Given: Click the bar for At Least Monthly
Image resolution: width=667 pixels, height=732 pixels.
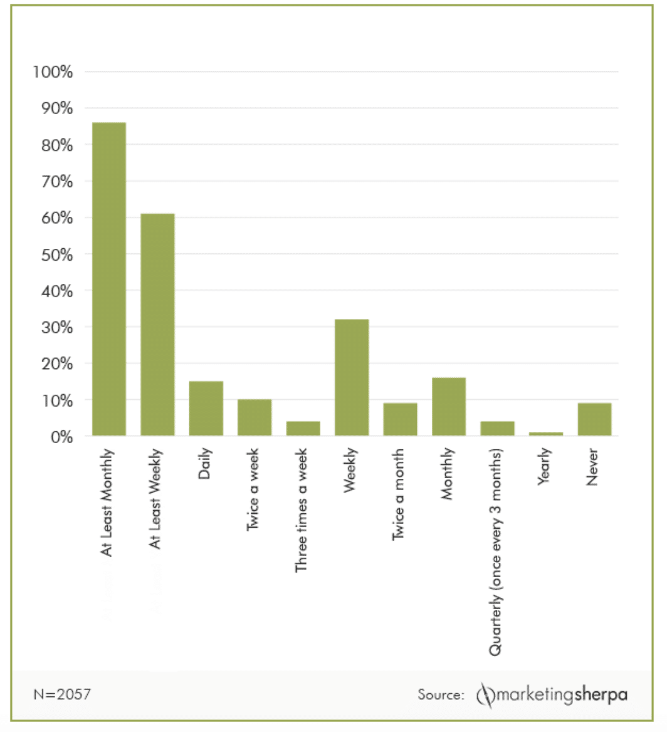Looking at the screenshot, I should tap(108, 279).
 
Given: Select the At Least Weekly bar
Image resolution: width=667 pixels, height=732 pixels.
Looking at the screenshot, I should tap(157, 325).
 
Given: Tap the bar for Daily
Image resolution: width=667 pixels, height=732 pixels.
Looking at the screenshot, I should tap(206, 408).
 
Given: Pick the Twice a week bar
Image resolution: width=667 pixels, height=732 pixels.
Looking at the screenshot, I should tap(255, 417).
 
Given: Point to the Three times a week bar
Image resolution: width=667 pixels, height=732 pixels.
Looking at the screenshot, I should tap(303, 428).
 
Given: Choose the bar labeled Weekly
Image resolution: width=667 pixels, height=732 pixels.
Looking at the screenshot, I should tap(352, 377).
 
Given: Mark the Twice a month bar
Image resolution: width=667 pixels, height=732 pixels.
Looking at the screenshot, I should tap(401, 419).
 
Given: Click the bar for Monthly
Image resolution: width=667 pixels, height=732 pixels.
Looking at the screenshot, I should tap(449, 406).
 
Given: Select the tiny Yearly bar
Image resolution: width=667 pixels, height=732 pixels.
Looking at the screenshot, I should tap(546, 434).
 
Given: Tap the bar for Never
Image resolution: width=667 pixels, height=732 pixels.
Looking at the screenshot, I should tap(594, 419).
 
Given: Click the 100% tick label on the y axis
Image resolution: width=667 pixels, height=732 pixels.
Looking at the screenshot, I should tap(53, 72).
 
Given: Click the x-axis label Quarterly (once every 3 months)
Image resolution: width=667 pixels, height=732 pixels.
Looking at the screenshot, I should tap(496, 552).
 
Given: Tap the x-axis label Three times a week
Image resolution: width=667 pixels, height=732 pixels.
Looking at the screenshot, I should tap(302, 510).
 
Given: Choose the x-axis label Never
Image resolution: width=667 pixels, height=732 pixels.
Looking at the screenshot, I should tap(592, 467).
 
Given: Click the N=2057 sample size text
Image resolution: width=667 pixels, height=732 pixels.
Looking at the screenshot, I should tap(61, 694).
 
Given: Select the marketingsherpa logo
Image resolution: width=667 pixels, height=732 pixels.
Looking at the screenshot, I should tap(552, 695).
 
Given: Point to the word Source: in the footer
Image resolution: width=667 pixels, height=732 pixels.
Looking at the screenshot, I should tap(441, 695).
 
